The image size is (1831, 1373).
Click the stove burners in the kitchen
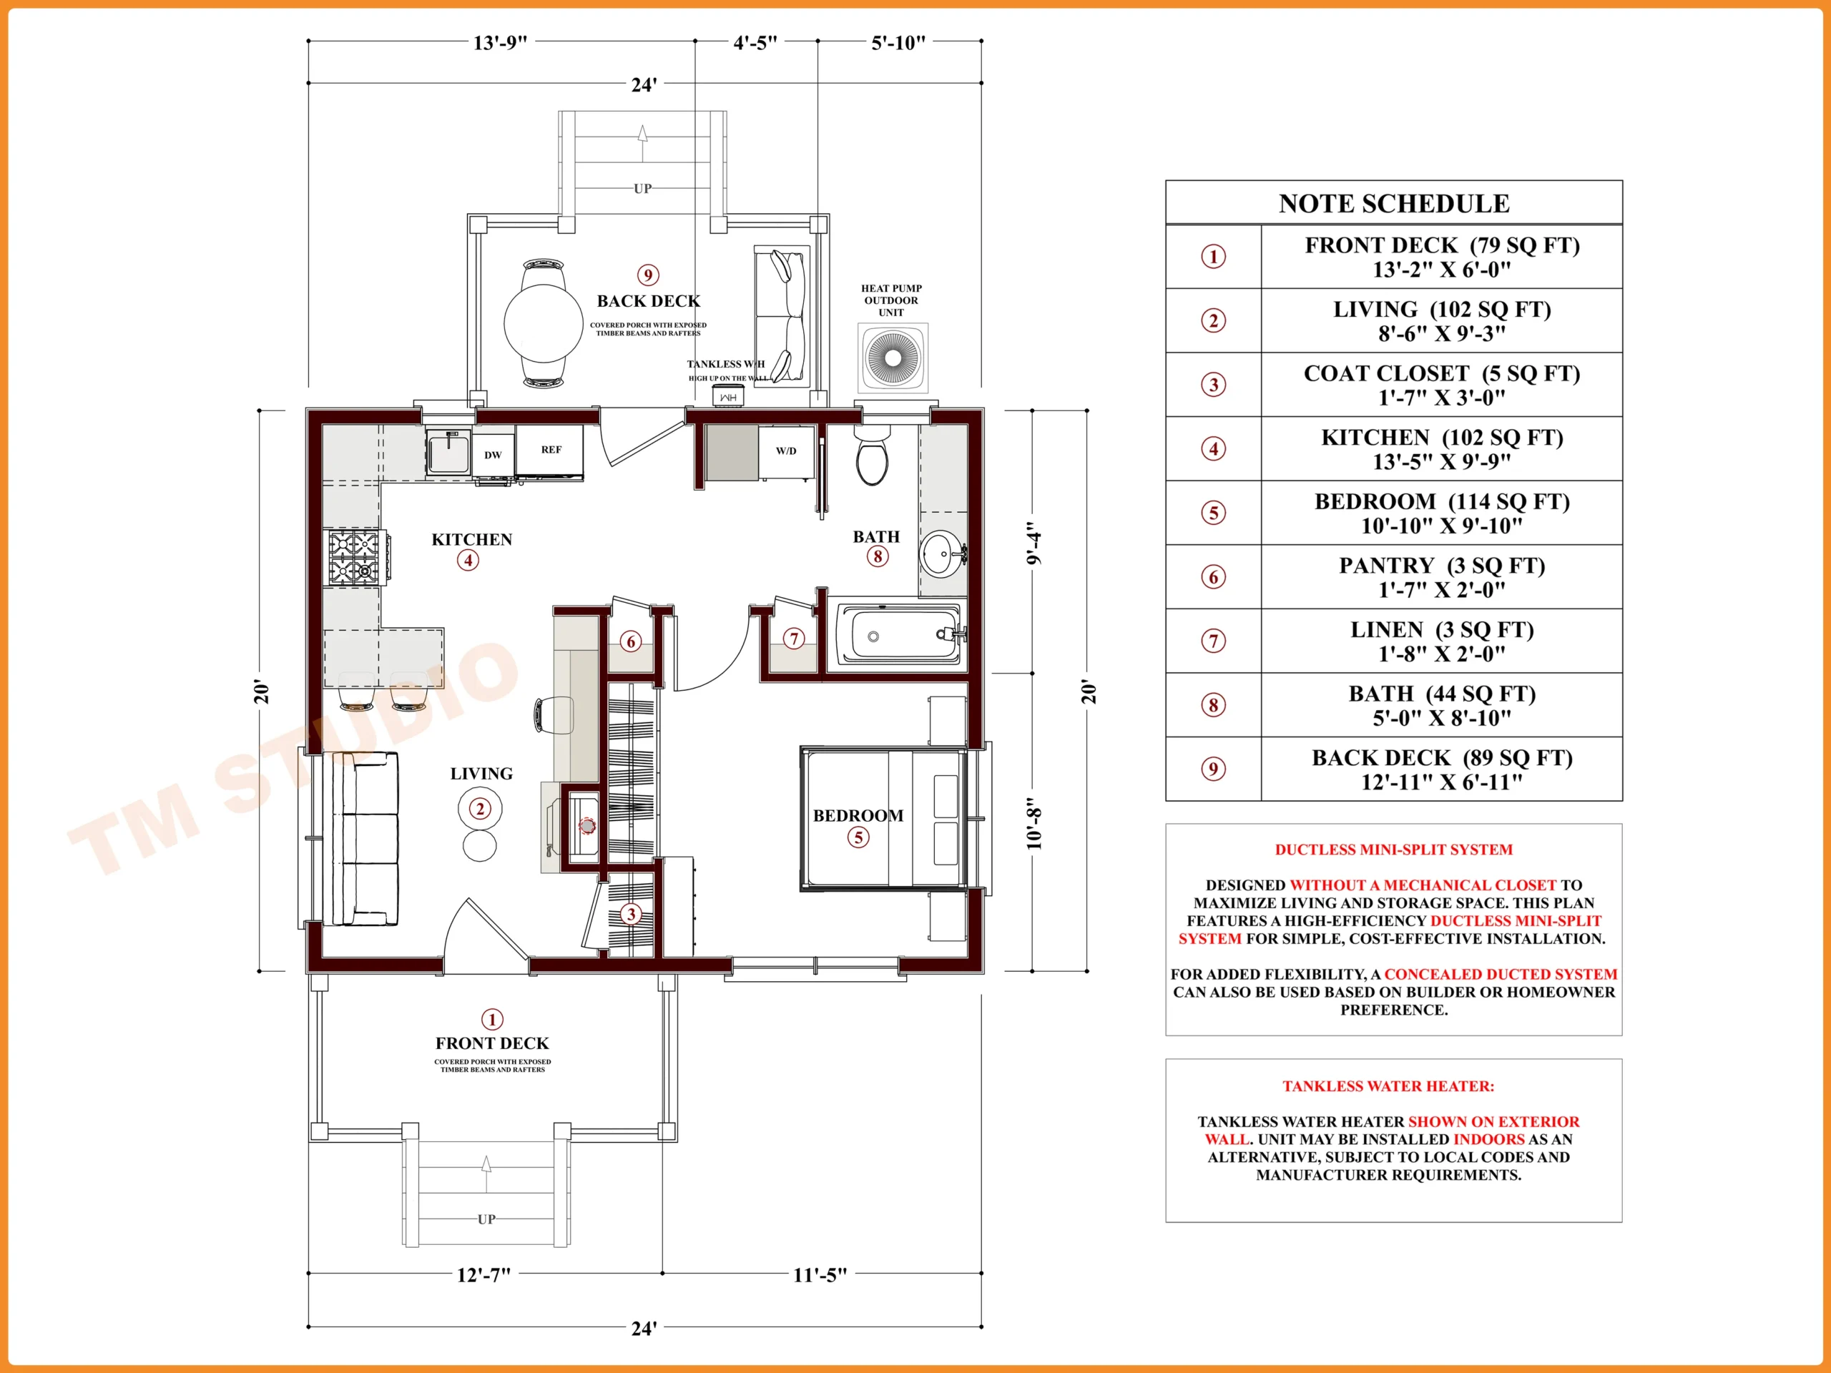(354, 558)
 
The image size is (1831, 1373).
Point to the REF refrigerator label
(551, 449)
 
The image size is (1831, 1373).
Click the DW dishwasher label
(494, 454)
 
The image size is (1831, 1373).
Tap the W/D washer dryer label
(786, 451)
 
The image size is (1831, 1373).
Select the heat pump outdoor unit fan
(893, 358)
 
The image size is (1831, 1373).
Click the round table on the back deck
(543, 324)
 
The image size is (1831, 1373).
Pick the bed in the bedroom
(883, 819)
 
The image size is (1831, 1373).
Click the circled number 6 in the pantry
(631, 641)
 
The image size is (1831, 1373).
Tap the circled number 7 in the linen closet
(794, 639)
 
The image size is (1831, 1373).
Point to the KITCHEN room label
(472, 540)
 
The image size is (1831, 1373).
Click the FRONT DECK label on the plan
(493, 1043)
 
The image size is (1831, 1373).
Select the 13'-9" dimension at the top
(500, 42)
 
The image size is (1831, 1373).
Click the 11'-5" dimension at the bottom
(820, 1274)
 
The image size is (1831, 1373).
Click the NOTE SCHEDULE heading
(1394, 204)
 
